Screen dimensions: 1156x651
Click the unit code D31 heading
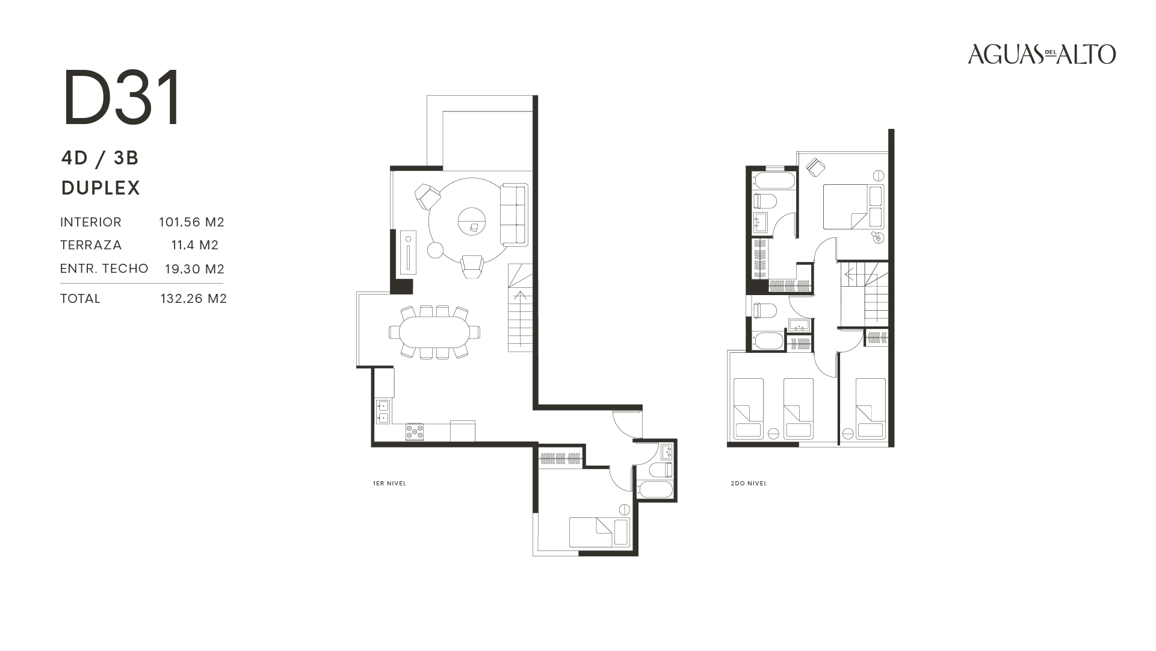click(x=122, y=98)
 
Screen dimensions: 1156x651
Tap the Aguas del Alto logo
click(x=1042, y=54)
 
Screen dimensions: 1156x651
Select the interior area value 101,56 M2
click(x=191, y=222)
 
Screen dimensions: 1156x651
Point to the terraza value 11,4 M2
click(x=194, y=245)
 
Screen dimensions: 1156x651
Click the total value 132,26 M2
click(x=193, y=299)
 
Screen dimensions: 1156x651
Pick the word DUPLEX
click(x=100, y=188)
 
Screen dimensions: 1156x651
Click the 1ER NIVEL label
click(x=389, y=484)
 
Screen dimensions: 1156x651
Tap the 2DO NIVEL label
click(x=749, y=484)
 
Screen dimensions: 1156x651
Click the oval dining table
click(x=434, y=332)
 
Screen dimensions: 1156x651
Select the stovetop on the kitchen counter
click(x=414, y=432)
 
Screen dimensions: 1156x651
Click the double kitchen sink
click(x=383, y=411)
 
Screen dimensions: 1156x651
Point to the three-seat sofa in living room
click(x=514, y=214)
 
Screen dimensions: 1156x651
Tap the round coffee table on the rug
click(x=472, y=220)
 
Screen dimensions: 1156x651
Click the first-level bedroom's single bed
click(x=599, y=532)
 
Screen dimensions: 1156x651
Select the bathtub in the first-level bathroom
click(x=655, y=488)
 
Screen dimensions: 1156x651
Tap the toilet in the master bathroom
click(x=765, y=201)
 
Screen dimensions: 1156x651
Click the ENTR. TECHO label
click(x=104, y=269)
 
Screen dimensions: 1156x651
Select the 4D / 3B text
click(x=100, y=158)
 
